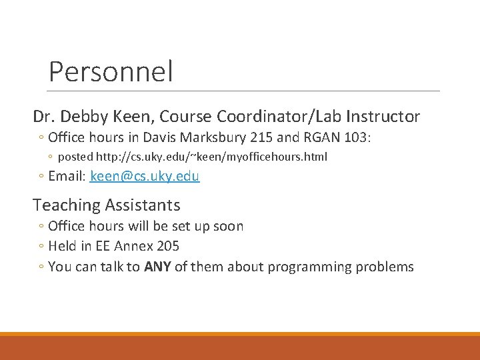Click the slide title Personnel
(x=111, y=71)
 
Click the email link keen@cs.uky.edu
(x=145, y=177)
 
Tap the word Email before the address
(x=67, y=177)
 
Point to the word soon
(x=229, y=226)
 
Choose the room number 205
(x=167, y=247)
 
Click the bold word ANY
(x=157, y=267)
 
